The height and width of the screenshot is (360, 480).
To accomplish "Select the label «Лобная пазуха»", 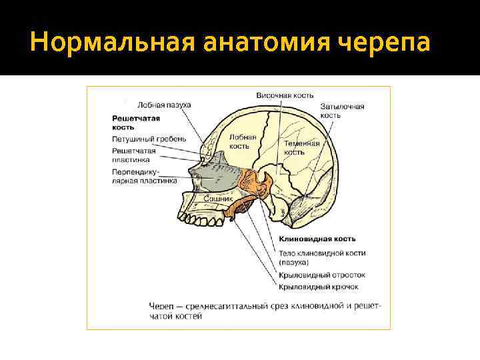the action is pyautogui.click(x=164, y=105).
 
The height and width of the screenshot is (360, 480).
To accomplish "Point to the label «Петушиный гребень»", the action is pyautogui.click(x=149, y=139).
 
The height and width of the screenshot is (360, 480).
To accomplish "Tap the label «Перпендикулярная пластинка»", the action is pyautogui.click(x=144, y=175).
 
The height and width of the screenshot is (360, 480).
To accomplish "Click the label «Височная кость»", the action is pyautogui.click(x=285, y=95).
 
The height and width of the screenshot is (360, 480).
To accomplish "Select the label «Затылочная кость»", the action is pyautogui.click(x=341, y=111).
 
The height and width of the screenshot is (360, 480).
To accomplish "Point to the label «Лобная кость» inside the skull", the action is pyautogui.click(x=243, y=141).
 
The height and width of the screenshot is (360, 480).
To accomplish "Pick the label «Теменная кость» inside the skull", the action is pyautogui.click(x=302, y=147).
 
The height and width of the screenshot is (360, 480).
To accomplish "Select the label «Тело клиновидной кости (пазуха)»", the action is pyautogui.click(x=322, y=258).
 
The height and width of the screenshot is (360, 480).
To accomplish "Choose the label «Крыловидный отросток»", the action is pyautogui.click(x=322, y=275).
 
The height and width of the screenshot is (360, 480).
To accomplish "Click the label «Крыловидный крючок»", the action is pyautogui.click(x=319, y=287).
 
